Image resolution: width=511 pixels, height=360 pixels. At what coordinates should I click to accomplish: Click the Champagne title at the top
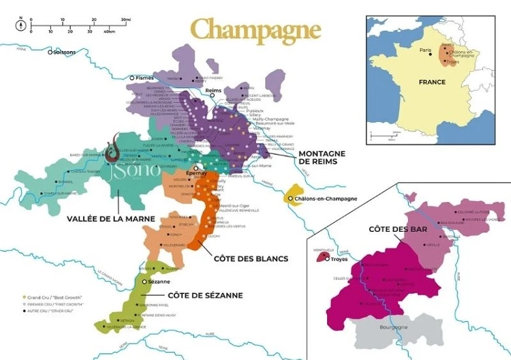(x=255, y=30)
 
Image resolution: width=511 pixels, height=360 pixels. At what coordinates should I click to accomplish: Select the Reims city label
(x=214, y=91)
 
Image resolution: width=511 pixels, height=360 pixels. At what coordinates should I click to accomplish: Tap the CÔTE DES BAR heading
(x=398, y=229)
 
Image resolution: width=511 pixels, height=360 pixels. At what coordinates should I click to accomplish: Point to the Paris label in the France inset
(x=426, y=50)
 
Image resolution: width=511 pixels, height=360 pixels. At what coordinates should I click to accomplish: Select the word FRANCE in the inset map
(x=432, y=82)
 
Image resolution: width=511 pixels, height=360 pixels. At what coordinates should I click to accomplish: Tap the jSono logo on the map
(x=134, y=167)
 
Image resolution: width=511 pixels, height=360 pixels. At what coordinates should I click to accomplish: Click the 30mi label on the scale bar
(x=125, y=20)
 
